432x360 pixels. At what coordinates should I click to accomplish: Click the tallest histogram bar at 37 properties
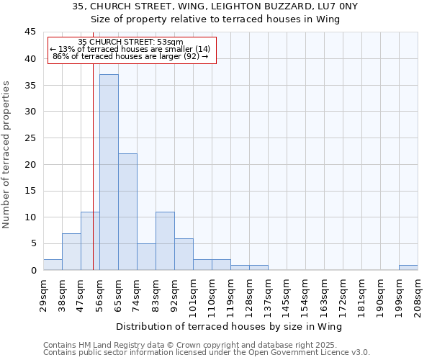(109, 172)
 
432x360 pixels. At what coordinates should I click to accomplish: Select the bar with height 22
(127, 212)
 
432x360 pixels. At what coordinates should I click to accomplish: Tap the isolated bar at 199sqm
(408, 267)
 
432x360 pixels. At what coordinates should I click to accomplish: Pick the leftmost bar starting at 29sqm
(53, 264)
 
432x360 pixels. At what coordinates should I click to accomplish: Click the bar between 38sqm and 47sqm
(71, 251)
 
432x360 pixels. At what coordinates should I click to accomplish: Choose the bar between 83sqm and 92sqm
(165, 240)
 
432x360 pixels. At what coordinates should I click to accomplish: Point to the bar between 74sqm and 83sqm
(146, 256)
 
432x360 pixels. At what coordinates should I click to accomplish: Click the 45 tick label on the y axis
(30, 32)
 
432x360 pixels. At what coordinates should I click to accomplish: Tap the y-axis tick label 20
(30, 164)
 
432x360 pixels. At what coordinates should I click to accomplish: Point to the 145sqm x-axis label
(287, 292)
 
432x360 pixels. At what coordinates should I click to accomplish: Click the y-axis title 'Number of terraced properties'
(7, 154)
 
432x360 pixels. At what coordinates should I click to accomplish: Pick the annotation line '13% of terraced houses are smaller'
(130, 49)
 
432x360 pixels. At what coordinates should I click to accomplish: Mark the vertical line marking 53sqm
(93, 180)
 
